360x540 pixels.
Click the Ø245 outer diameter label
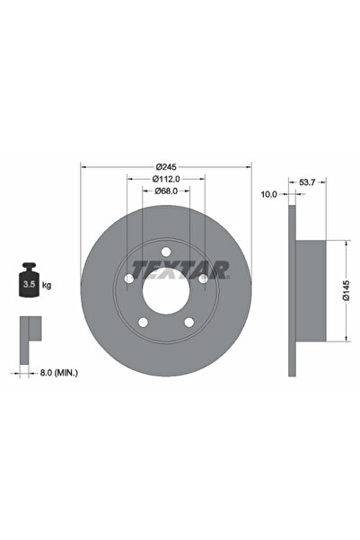pos(167,167)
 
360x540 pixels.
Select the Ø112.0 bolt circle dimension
pos(167,179)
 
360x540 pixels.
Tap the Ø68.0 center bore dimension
pos(167,190)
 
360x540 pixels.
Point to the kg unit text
pos(46,285)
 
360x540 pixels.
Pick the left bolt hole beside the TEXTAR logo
pos(129,279)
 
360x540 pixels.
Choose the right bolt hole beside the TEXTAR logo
pos(204,279)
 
